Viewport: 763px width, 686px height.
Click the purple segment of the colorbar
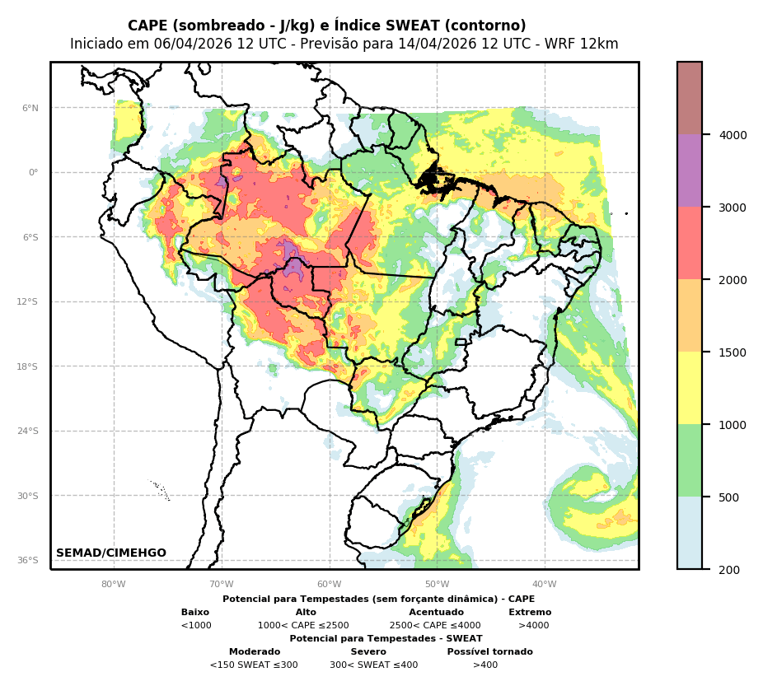(690, 170)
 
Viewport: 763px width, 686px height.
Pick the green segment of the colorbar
(690, 460)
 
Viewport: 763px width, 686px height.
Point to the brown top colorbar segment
(690, 98)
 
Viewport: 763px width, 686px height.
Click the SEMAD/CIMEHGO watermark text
(111, 553)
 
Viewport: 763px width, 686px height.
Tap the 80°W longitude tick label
(114, 585)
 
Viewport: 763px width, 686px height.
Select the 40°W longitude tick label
(545, 585)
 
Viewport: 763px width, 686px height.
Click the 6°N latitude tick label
(30, 108)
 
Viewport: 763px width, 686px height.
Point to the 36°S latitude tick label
(28, 560)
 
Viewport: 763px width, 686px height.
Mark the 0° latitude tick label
(33, 173)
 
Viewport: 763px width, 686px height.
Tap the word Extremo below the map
(530, 613)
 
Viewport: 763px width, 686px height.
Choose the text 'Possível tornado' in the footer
(489, 652)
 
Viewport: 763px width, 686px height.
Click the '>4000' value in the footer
(533, 626)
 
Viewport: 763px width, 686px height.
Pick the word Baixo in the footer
(195, 613)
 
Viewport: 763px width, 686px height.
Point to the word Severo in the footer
(368, 652)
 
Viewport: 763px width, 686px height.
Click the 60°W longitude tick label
(330, 585)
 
